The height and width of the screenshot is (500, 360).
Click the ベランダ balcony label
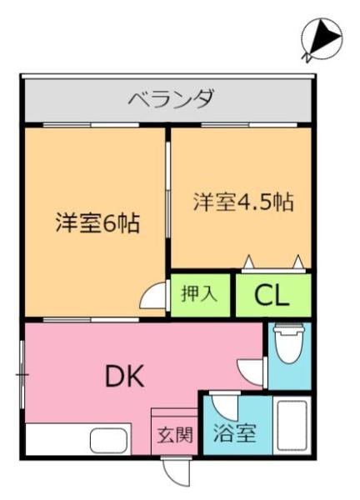pos(171,97)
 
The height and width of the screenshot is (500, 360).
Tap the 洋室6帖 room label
pos(97,222)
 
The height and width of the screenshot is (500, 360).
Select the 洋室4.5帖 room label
pos(243,202)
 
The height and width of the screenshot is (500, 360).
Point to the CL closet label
pos(272,296)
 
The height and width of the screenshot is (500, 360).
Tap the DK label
pos(125,376)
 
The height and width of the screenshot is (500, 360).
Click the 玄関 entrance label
pos(175,434)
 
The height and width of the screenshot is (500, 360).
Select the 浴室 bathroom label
pos(235,433)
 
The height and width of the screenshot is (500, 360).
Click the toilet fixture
pos(289,343)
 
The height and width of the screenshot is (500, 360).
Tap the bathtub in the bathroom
pos(292,425)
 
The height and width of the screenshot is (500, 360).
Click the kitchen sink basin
pos(108,440)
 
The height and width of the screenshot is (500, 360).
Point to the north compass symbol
pos(321,40)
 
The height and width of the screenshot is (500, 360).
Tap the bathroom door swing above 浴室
pos(226,407)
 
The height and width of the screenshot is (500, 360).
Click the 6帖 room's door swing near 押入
pos(154,295)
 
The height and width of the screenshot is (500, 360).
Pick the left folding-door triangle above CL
pos(249,262)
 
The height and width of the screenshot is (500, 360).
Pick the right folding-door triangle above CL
pos(298,262)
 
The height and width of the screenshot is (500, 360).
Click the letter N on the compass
pos(306,57)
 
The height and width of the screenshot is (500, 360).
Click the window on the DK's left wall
pos(22,374)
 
